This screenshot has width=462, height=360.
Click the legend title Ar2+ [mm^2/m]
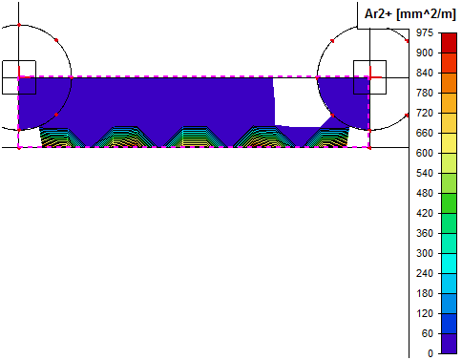409,14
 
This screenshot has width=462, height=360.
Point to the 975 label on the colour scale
425,32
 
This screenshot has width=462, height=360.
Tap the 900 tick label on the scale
425,53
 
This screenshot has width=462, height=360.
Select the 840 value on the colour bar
425,73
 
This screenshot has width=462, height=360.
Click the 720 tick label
425,113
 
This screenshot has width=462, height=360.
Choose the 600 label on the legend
425,153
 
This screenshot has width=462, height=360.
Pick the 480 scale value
425,193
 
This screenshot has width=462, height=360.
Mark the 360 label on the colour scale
425,233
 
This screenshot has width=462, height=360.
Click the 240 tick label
425,273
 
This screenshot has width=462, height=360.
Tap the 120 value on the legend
425,313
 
